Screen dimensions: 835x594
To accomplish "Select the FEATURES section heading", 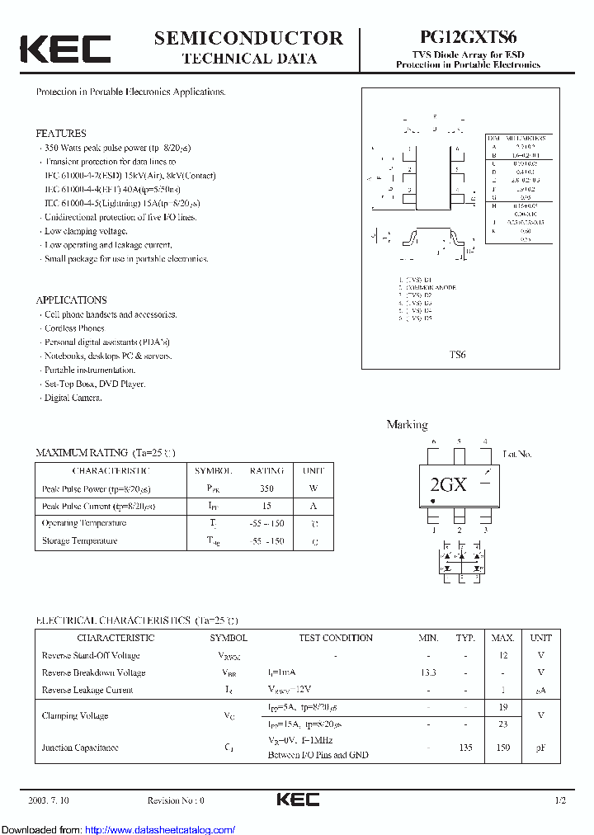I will coord(60,133).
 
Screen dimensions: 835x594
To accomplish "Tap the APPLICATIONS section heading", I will coord(71,300).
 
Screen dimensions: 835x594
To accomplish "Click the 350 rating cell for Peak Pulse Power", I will coord(266,488).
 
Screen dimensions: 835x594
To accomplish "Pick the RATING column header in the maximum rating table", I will coord(266,470).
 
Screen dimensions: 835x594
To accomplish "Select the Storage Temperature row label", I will coord(79,541).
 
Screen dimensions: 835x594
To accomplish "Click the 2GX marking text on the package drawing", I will coord(448,485).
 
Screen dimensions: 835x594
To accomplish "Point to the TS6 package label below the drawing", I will coord(457,355).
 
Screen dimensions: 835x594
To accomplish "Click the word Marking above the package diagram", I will coord(407,425).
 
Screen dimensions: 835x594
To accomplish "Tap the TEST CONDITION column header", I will coord(336,638).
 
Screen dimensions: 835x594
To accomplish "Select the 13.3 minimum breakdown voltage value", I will coord(428,672).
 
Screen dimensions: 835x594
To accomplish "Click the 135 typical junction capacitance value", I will coord(466,748).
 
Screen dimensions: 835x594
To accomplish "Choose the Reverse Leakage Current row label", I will coord(87,690).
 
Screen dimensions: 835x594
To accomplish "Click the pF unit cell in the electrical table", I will coord(540,748).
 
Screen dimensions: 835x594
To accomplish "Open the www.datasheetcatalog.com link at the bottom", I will coord(160,829).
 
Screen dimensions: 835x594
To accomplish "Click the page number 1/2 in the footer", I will coord(560,800).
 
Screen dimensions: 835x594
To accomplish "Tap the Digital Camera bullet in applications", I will coord(73,398).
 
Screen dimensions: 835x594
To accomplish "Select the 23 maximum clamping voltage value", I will coord(503,724).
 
